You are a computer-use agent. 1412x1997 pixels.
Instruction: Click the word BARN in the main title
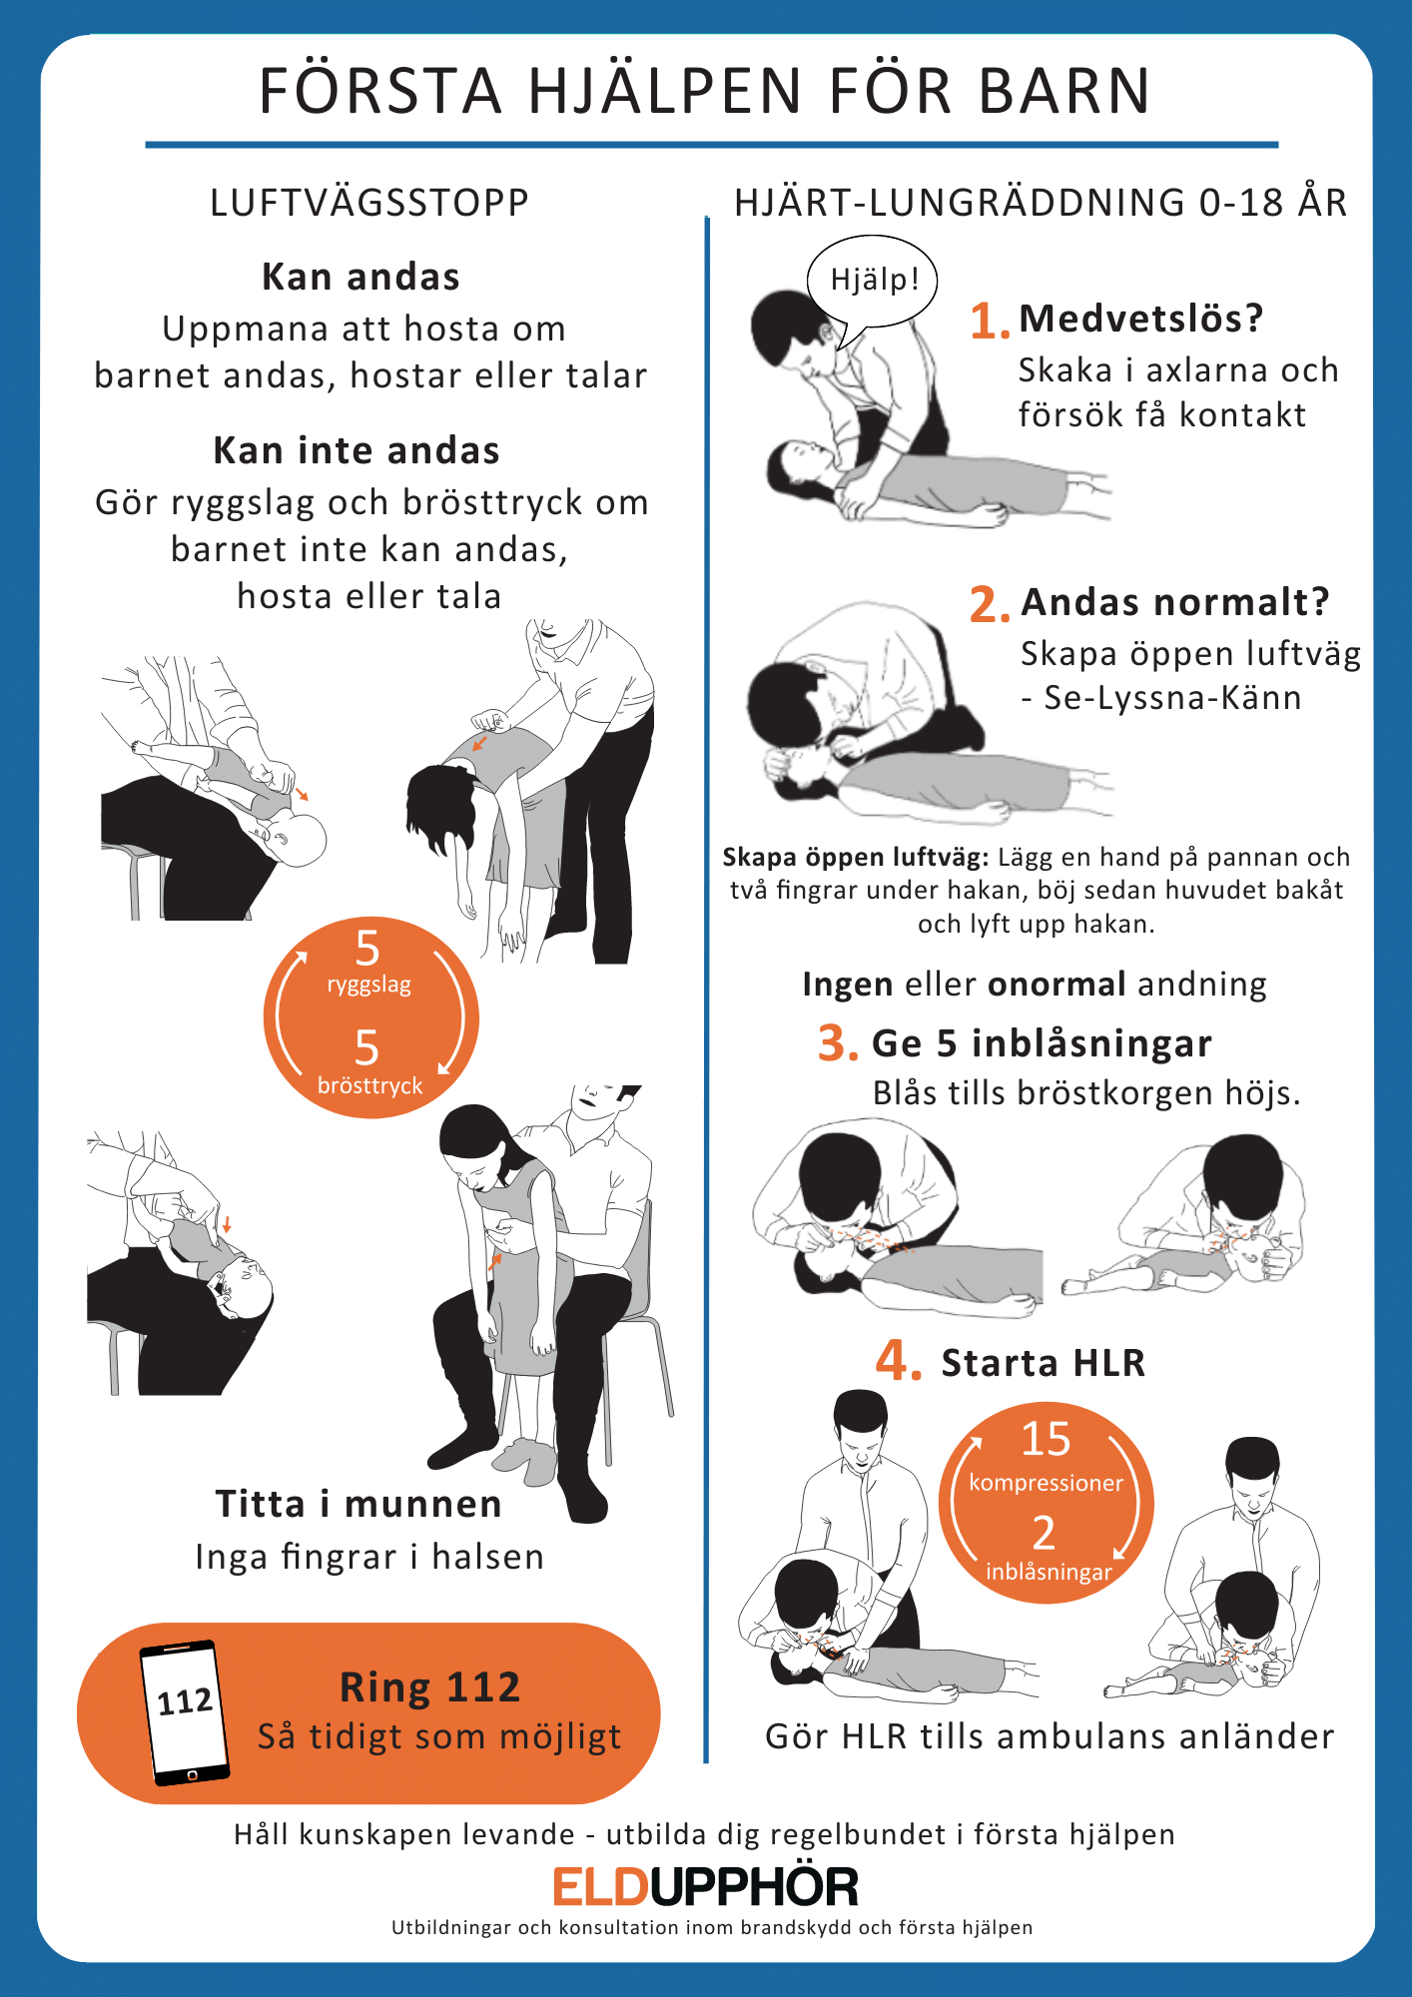[1064, 91]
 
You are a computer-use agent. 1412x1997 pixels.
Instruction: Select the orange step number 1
[989, 321]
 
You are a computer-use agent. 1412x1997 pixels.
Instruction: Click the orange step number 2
[990, 605]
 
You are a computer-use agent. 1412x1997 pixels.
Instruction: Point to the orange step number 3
[838, 1043]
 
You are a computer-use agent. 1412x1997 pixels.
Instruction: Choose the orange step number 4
[899, 1361]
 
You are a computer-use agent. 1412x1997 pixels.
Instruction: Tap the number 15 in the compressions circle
[1046, 1440]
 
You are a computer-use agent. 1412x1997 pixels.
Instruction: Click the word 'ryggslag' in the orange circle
[369, 986]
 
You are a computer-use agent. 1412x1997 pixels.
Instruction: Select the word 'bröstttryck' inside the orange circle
[370, 1085]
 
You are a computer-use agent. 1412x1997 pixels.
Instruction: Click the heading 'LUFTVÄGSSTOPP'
[369, 203]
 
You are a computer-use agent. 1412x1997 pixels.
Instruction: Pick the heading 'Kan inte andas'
[356, 450]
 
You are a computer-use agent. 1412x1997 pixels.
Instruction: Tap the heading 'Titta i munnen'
[358, 1504]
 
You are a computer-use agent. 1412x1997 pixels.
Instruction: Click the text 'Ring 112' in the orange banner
[430, 1687]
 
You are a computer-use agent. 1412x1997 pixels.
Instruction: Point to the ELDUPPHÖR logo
[706, 1887]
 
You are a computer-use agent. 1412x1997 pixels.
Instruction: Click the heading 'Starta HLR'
[1044, 1363]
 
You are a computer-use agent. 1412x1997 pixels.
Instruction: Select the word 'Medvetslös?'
[1141, 319]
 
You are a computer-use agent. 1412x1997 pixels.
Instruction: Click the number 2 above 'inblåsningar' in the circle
[1044, 1532]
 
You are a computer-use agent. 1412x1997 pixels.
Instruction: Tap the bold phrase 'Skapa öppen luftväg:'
[856, 858]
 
